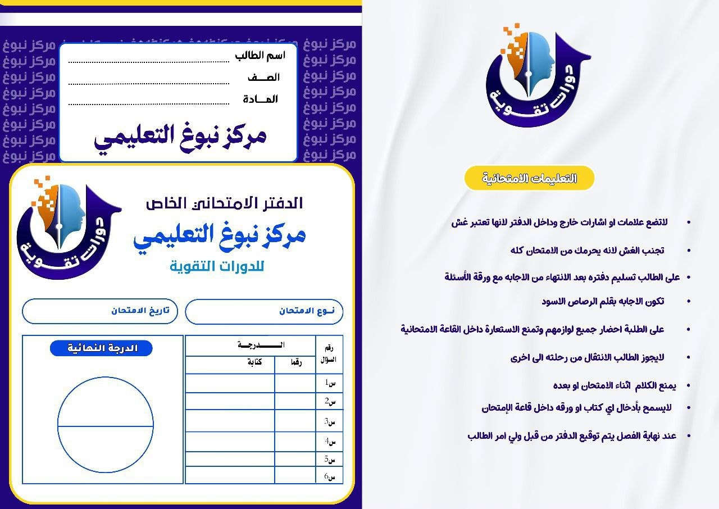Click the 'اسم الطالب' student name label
(x=260, y=55)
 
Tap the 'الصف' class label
(x=263, y=78)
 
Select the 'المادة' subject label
(x=261, y=99)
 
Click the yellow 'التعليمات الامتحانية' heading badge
(x=529, y=178)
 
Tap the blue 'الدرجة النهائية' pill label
(x=102, y=348)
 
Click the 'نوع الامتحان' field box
(x=264, y=311)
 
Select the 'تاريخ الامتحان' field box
(x=100, y=311)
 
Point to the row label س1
(x=330, y=383)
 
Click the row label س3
(x=330, y=421)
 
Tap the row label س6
(x=330, y=476)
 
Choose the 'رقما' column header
(x=295, y=363)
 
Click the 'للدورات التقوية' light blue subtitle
(x=217, y=266)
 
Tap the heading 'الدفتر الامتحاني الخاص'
(x=224, y=203)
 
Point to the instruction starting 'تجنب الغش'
(x=587, y=250)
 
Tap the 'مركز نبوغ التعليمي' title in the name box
(x=180, y=137)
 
